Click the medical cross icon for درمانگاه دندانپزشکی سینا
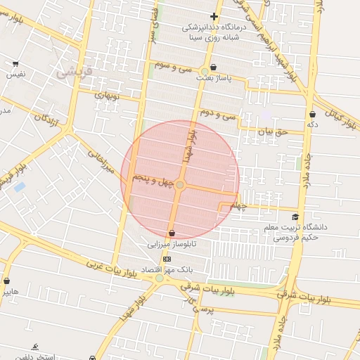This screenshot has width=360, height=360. point(214,16)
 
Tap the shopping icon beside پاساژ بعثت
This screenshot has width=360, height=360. point(204,69)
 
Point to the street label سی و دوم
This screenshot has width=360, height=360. point(215,112)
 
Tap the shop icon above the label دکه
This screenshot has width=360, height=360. point(312,113)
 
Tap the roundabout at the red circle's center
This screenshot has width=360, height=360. point(180,184)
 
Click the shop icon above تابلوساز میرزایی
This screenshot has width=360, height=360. point(172,233)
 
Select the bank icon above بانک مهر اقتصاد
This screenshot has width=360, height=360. point(167,259)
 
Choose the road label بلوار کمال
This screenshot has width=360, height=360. point(345,117)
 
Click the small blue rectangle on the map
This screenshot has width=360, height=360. point(19,187)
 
